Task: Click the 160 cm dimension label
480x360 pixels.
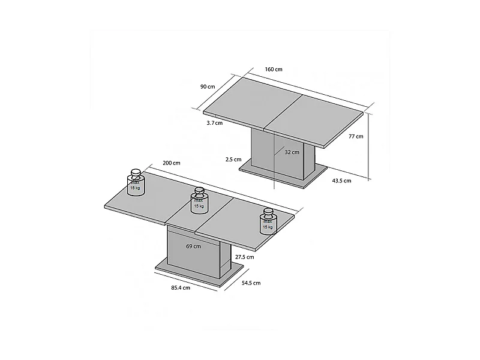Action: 274,70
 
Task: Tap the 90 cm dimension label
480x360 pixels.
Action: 208,86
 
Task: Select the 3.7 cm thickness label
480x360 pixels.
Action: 214,123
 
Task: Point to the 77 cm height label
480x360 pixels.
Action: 356,137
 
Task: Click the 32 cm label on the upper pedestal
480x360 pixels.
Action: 292,152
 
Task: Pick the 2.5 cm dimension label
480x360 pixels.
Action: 233,160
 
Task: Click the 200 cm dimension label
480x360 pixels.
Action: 171,163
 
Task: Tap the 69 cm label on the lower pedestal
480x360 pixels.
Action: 193,246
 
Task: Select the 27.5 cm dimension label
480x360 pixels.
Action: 244,257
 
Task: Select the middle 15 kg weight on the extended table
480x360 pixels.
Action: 199,200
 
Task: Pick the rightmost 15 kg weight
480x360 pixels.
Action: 268,221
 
